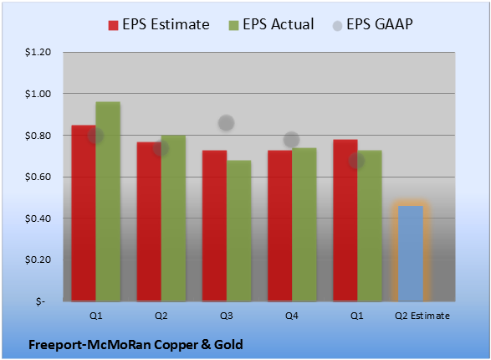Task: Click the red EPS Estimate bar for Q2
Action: coord(149,222)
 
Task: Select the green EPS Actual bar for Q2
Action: coord(173,219)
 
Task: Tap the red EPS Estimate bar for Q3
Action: coord(214,226)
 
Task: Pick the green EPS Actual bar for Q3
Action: coord(238,231)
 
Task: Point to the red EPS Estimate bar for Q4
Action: coord(280,226)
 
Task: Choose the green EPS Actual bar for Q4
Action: coord(304,224)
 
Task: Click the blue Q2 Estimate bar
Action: coord(411,254)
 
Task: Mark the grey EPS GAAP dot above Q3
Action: coord(226,123)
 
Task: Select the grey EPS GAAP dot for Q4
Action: coord(292,140)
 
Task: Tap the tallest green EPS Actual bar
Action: coord(108,202)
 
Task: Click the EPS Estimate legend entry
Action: coord(159,24)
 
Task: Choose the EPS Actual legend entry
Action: coord(271,24)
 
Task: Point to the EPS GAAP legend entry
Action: coord(372,24)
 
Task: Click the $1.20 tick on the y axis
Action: coord(38,52)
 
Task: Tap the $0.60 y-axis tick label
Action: coord(38,177)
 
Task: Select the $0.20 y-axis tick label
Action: coord(38,260)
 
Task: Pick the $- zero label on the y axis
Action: coord(40,301)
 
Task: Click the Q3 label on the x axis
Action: coord(227,316)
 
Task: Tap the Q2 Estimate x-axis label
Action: coord(422,316)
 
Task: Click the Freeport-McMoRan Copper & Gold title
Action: coord(136,345)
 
